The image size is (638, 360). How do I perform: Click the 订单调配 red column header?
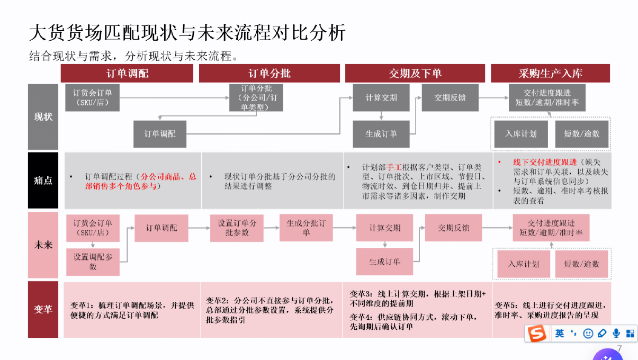click(127, 74)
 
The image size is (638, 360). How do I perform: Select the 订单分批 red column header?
click(269, 74)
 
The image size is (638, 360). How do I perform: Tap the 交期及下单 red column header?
click(415, 74)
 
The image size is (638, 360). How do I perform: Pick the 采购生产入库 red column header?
click(550, 74)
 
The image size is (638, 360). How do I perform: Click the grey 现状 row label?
click(43, 116)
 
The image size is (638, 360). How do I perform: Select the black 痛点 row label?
click(43, 181)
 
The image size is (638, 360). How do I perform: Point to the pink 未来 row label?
click(43, 245)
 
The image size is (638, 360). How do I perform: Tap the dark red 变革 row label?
click(43, 310)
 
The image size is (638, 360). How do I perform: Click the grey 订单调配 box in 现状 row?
click(160, 134)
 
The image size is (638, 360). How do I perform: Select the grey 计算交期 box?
click(381, 97)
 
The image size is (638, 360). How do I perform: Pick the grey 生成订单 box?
click(381, 134)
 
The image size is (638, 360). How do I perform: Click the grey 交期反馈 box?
click(450, 97)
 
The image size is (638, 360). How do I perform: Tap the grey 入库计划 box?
click(520, 134)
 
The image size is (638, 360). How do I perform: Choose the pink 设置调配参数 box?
click(93, 262)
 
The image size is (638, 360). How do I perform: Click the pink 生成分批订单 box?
click(306, 228)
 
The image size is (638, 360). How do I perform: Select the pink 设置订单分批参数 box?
click(237, 228)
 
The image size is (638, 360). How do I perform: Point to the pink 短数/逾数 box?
click(581, 264)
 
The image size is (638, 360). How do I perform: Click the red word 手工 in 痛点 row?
click(394, 166)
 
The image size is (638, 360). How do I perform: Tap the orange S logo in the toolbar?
click(537, 334)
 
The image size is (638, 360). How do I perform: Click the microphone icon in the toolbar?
click(616, 334)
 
